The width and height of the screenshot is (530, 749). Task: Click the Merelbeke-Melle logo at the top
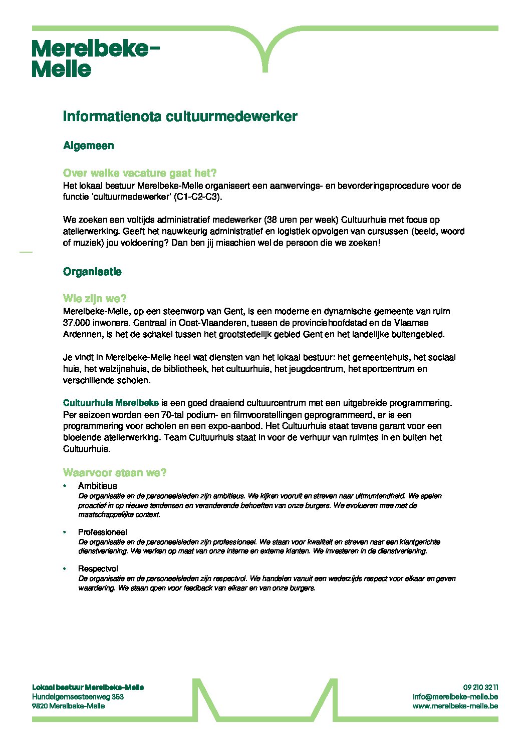click(95, 59)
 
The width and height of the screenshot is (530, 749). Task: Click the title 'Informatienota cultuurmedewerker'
click(180, 117)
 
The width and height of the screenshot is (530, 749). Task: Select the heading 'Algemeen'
click(89, 146)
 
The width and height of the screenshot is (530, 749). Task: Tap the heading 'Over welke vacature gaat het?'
click(140, 173)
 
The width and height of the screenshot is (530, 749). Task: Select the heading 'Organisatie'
click(92, 272)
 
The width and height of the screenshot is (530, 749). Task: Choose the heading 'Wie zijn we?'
click(95, 299)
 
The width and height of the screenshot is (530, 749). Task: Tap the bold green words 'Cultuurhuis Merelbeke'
click(111, 403)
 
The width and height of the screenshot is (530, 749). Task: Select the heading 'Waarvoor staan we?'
click(115, 473)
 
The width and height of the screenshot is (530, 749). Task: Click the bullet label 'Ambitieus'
click(98, 486)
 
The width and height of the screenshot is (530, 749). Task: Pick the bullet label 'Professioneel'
click(103, 532)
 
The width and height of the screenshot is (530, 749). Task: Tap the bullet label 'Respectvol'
click(98, 569)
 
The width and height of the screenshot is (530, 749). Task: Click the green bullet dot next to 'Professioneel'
click(65, 532)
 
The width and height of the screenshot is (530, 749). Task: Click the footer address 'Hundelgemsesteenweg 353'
click(78, 696)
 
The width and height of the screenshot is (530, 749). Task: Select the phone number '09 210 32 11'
click(480, 687)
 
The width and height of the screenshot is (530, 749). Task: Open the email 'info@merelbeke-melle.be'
click(455, 696)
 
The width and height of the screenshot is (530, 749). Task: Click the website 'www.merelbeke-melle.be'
click(455, 706)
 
